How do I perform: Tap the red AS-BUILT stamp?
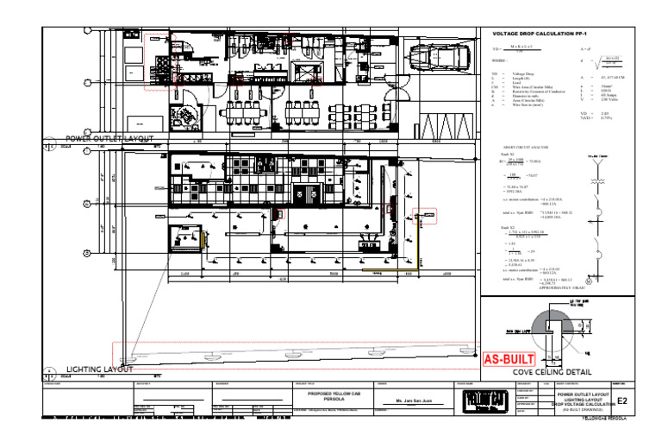509,359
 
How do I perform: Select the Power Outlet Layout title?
109,138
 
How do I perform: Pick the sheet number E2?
622,401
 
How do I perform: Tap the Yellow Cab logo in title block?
485,402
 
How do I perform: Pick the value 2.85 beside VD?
605,113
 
